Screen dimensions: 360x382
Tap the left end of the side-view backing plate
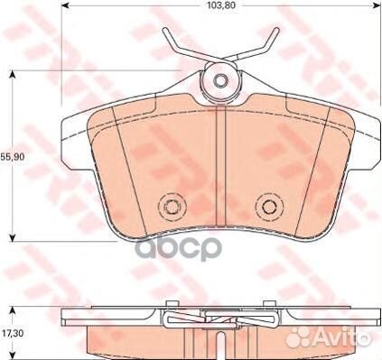tap(65, 315)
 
